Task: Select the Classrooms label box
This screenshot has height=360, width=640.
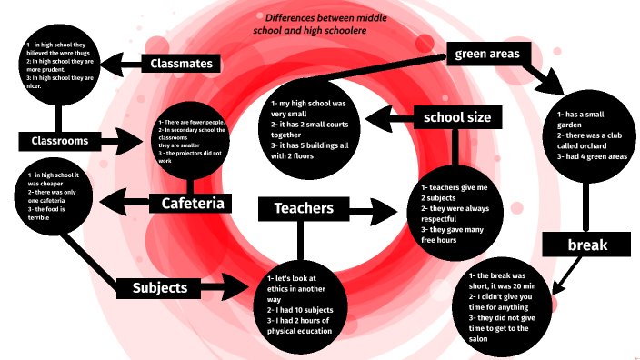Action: click(59, 141)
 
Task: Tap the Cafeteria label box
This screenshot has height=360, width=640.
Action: click(193, 203)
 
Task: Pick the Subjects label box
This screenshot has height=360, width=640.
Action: click(159, 288)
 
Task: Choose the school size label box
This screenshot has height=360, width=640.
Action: click(457, 117)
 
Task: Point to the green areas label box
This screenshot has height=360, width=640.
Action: click(487, 55)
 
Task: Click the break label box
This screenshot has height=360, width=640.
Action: click(586, 245)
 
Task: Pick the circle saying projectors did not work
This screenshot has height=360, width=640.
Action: click(201, 143)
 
